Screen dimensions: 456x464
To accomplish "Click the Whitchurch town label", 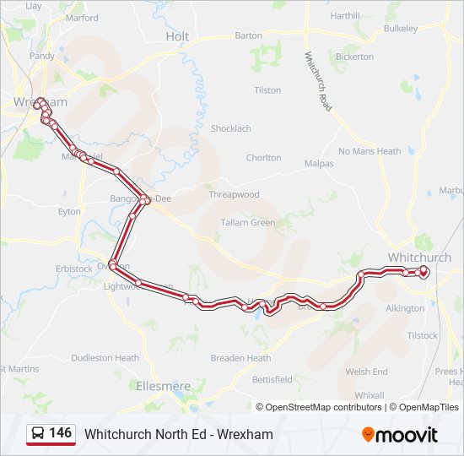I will click(x=418, y=257).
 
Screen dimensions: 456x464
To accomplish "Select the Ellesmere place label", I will click(x=164, y=386).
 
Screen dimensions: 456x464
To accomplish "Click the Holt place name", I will click(x=177, y=36).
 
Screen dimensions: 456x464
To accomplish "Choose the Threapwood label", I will click(x=234, y=194).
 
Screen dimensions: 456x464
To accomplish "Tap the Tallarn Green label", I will click(x=247, y=223).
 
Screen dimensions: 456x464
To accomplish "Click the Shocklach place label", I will click(x=230, y=128).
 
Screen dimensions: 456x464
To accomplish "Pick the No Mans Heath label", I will click(x=370, y=151).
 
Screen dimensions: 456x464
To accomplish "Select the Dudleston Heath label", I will click(x=105, y=358).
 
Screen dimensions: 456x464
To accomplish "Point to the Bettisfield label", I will click(x=272, y=379).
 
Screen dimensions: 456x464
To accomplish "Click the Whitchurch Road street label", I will click(x=318, y=81).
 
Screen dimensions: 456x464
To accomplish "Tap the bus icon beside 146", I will click(x=38, y=433).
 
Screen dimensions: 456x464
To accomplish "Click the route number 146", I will click(x=60, y=433).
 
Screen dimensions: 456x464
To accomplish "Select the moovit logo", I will click(x=399, y=434).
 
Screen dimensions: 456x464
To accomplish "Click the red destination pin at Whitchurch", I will click(x=424, y=271).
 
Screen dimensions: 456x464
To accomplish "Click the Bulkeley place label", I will click(x=400, y=28).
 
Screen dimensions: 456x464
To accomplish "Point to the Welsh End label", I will click(x=366, y=372).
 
